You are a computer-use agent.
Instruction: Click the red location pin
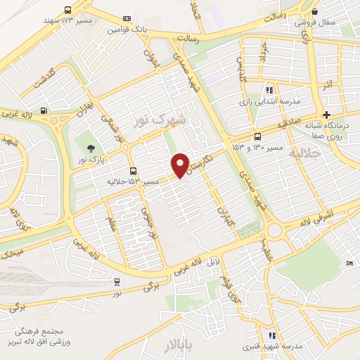(181, 164)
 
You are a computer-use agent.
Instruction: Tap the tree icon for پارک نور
(90, 148)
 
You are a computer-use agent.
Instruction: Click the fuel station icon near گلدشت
(44, 110)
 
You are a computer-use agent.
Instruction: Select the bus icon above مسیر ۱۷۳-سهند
(67, 11)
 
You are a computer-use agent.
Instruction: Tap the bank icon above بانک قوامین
(127, 19)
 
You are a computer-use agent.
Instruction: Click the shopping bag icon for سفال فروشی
(314, 11)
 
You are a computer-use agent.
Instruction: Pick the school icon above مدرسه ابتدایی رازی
(269, 90)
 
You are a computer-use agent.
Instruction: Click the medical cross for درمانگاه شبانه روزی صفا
(326, 115)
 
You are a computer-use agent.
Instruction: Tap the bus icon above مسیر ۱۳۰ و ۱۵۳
(257, 136)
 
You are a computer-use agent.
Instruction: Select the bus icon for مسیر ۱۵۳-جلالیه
(133, 171)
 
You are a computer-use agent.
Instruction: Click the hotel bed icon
(350, 263)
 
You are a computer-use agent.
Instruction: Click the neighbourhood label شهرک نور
(162, 121)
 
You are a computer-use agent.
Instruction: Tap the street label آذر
(326, 85)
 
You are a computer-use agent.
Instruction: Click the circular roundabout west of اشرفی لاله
(274, 231)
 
